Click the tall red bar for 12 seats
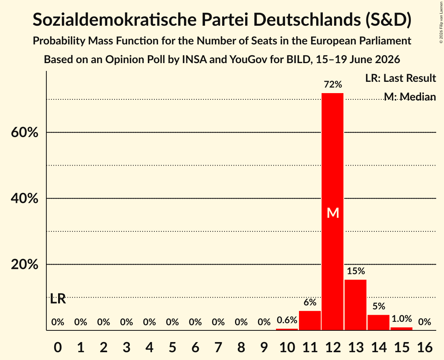pos(333,212)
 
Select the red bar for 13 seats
pos(356,305)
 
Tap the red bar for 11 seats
pos(310,320)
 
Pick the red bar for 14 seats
pos(378,322)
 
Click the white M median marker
pos(333,213)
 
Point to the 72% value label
pos(333,84)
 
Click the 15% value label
pos(356,271)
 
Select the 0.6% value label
pos(287,320)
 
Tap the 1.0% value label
pos(402,319)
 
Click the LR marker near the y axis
pos(58,299)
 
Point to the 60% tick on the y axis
pos(24,132)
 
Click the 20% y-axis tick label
pos(24,264)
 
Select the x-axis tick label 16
pos(425,347)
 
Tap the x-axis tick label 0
pos(58,347)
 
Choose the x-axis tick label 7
pos(218,347)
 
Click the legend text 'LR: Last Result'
pos(400,78)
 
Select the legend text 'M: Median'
pos(410,97)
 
